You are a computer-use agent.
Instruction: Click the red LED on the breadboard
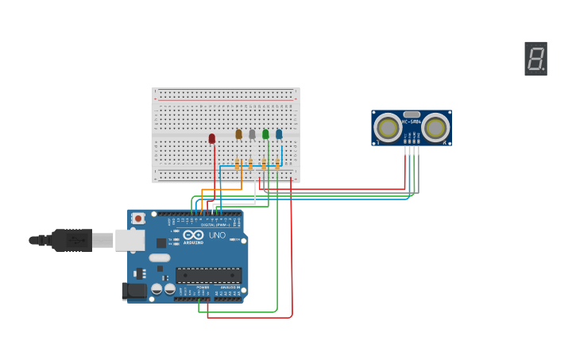coord(212,138)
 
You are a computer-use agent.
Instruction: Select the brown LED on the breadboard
coord(238,134)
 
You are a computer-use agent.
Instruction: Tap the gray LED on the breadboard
coord(252,134)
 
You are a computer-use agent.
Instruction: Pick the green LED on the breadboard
coord(265,134)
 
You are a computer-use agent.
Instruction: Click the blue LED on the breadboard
coord(279,134)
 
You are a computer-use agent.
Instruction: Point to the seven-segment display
coord(536,59)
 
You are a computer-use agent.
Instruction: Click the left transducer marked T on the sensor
coord(389,127)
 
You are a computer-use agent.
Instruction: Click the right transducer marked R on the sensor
coord(435,127)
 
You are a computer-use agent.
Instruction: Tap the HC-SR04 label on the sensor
coord(412,122)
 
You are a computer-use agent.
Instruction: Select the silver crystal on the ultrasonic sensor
coord(412,114)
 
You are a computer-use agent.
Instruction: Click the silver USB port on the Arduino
coord(130,240)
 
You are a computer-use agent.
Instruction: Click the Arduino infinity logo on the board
coord(194,234)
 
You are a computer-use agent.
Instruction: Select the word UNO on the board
coord(217,234)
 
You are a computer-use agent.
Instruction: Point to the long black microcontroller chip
coord(208,275)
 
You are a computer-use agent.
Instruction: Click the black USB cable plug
coord(72,240)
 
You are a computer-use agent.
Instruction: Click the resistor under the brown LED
coord(237,164)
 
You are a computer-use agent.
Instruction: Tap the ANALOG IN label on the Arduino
coord(229,288)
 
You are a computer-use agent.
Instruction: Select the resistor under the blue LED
coord(277,164)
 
